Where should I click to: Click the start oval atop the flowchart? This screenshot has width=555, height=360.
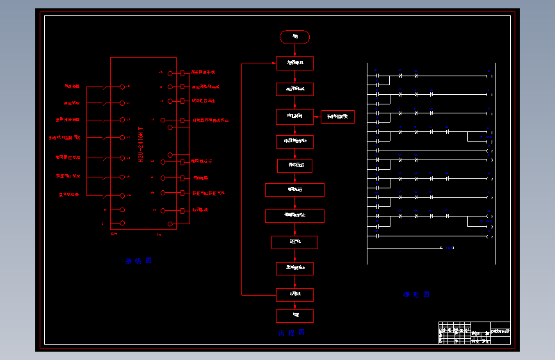(x=294, y=37)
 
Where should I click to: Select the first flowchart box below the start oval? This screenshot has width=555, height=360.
(x=294, y=63)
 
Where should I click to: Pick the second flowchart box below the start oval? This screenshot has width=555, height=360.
(x=294, y=89)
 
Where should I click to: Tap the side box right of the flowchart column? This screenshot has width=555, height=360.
(x=337, y=117)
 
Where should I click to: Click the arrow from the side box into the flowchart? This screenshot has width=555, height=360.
(x=318, y=117)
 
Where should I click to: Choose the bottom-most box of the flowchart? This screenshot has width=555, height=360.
(x=294, y=316)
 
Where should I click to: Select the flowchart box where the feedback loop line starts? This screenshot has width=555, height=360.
(x=294, y=295)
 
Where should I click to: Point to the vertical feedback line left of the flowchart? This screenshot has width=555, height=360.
(x=241, y=179)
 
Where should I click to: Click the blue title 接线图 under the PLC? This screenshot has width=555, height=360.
(x=138, y=261)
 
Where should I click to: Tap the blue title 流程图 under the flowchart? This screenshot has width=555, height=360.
(x=292, y=332)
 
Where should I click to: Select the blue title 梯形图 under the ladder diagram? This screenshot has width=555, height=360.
(x=416, y=295)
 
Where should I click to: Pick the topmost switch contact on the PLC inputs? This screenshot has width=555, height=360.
(x=105, y=86)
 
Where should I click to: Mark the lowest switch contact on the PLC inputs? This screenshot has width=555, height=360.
(x=105, y=195)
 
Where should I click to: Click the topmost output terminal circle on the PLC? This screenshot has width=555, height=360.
(x=170, y=73)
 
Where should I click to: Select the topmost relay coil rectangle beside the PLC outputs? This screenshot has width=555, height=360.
(x=184, y=73)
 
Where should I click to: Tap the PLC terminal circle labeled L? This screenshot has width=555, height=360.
(x=122, y=224)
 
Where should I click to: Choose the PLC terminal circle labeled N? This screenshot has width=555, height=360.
(x=122, y=209)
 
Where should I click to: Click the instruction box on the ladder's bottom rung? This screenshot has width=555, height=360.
(x=449, y=248)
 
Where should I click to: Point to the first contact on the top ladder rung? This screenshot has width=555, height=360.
(x=378, y=76)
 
